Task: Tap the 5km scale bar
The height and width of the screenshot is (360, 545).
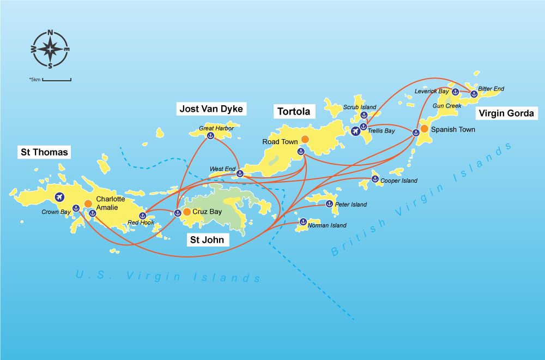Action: click(57, 80)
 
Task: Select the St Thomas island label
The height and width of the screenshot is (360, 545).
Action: click(45, 152)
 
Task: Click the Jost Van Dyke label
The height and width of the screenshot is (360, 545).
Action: click(211, 109)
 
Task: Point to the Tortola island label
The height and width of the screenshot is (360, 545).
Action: click(294, 112)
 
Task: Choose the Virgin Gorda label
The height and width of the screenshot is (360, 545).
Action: click(507, 113)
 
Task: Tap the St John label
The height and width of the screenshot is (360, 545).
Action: click(206, 239)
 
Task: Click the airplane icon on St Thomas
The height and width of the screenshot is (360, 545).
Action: click(59, 197)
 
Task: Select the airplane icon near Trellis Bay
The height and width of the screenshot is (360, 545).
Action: click(355, 131)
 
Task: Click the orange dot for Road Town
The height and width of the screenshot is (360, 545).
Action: click(305, 140)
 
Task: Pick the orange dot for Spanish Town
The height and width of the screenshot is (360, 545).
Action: click(424, 129)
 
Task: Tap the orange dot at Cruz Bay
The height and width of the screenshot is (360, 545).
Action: click(187, 212)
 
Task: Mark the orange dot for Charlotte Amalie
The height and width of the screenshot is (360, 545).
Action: click(88, 203)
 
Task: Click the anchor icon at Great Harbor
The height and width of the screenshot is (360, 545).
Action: click(210, 136)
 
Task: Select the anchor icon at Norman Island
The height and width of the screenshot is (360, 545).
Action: click(303, 221)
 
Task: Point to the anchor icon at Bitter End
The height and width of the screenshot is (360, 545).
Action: click(473, 94)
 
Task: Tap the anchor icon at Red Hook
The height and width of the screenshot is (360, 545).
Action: click(142, 215)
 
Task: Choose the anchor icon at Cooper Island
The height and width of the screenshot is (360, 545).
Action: click(375, 178)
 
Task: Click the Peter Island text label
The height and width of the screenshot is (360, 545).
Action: click(351, 205)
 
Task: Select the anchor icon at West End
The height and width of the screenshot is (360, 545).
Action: click(239, 173)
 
